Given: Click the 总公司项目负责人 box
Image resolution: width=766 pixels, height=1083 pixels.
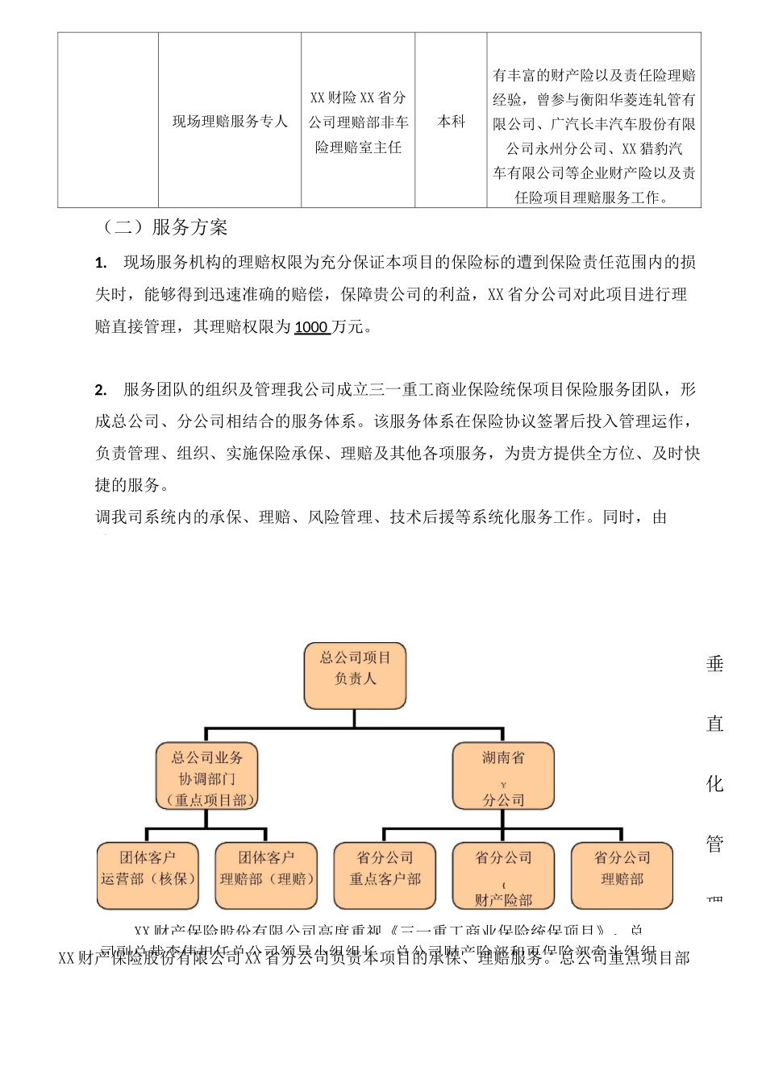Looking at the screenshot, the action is pyautogui.click(x=355, y=675).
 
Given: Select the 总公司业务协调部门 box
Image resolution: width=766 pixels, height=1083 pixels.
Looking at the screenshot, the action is pyautogui.click(x=207, y=777).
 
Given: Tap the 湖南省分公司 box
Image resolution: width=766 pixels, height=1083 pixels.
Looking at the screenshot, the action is pyautogui.click(x=503, y=777).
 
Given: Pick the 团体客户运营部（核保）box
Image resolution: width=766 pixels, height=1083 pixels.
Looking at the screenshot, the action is pyautogui.click(x=148, y=875).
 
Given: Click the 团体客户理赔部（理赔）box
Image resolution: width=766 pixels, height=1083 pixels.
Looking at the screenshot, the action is pyautogui.click(x=266, y=875).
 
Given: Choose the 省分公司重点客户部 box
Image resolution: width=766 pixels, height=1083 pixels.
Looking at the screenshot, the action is pyautogui.click(x=385, y=875).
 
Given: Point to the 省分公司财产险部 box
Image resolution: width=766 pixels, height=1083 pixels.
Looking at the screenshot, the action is pyautogui.click(x=503, y=875).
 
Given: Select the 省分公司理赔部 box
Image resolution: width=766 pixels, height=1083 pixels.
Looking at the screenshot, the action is pyautogui.click(x=622, y=875).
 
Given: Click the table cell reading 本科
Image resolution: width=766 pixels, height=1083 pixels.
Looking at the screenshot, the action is pyautogui.click(x=451, y=121).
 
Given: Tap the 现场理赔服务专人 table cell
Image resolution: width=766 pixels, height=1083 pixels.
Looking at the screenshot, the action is pyautogui.click(x=230, y=121).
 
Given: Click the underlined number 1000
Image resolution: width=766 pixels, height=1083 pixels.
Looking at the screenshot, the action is pyautogui.click(x=311, y=327).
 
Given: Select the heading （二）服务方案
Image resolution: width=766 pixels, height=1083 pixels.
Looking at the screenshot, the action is pyautogui.click(x=161, y=227).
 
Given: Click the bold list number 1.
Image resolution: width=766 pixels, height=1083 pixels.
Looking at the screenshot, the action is pyautogui.click(x=101, y=263).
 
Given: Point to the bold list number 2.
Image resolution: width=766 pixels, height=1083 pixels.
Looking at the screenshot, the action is pyautogui.click(x=101, y=390).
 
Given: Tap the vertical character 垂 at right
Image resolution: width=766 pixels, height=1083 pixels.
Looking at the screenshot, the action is pyautogui.click(x=715, y=664).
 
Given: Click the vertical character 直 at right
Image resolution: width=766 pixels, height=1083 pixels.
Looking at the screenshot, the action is pyautogui.click(x=715, y=724).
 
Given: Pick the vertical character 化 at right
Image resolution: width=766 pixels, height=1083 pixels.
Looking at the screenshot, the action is pyautogui.click(x=715, y=783).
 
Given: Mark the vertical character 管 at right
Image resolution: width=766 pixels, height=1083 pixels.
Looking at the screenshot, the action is pyautogui.click(x=715, y=843).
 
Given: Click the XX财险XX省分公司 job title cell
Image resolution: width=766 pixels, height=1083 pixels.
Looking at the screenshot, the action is pyautogui.click(x=358, y=122).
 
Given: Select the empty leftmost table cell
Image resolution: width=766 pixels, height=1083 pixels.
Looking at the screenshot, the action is pyautogui.click(x=108, y=121).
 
